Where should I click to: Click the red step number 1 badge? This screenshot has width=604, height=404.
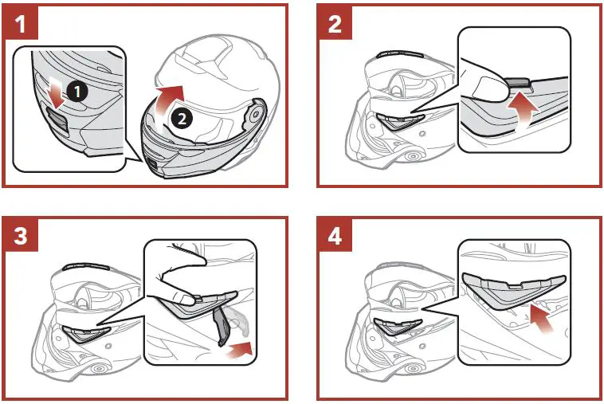click(x=21, y=22)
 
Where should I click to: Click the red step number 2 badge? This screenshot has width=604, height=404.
click(x=335, y=22)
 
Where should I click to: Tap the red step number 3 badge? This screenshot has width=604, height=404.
click(x=21, y=234)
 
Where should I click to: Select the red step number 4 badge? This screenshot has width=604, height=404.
click(x=335, y=234)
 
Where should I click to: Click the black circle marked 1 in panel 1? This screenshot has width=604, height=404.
click(x=77, y=92)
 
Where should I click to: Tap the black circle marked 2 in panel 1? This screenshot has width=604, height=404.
click(x=182, y=118)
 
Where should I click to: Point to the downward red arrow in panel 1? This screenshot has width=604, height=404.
click(x=57, y=93)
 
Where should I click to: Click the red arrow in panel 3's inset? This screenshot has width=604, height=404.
click(x=238, y=349)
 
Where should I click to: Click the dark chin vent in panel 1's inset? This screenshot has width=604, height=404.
click(x=58, y=120)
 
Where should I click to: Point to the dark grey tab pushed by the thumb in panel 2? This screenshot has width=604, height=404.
click(x=517, y=83)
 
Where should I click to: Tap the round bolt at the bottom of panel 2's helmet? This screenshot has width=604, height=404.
click(x=414, y=157)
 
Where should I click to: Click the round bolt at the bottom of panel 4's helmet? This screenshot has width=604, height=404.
click(x=414, y=369)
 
